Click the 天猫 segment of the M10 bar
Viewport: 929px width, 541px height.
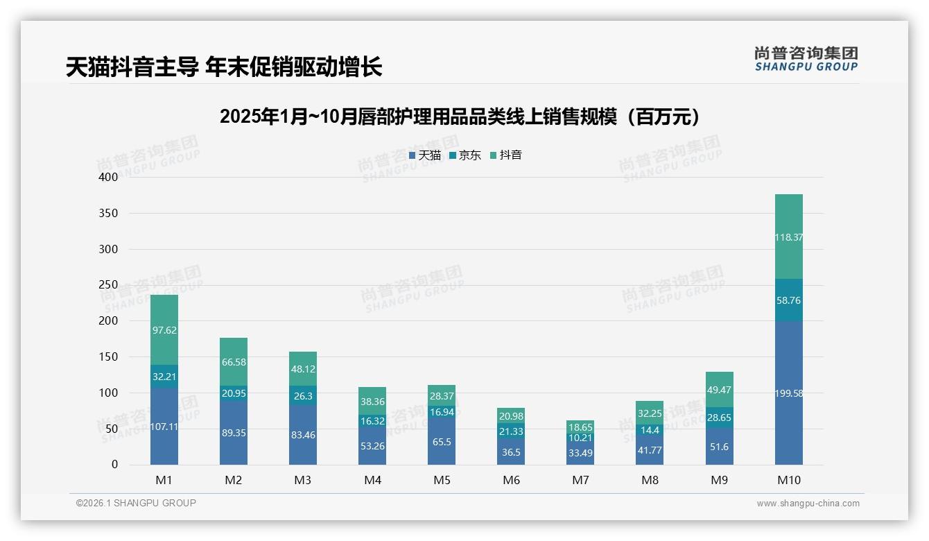tap(788, 393)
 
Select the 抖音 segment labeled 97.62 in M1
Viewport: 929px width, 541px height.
tap(164, 330)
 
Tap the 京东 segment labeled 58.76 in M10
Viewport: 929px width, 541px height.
tap(788, 300)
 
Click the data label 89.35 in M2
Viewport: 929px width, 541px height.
tap(234, 433)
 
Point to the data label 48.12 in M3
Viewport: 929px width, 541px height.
tap(303, 370)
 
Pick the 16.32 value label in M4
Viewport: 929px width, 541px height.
tap(372, 421)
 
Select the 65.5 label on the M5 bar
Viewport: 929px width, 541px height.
tap(442, 441)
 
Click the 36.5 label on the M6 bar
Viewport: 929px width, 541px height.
tap(511, 452)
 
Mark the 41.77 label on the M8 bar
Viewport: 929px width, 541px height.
tap(650, 449)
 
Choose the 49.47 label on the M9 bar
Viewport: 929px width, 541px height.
tap(719, 390)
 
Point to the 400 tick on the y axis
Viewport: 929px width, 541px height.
tap(109, 178)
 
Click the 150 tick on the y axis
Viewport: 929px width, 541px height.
tap(109, 357)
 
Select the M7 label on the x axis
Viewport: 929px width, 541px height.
tap(580, 480)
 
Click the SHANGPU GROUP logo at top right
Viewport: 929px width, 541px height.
tap(806, 59)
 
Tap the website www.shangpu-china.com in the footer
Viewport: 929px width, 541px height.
tap(808, 504)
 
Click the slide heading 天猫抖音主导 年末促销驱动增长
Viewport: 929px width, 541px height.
tap(224, 67)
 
